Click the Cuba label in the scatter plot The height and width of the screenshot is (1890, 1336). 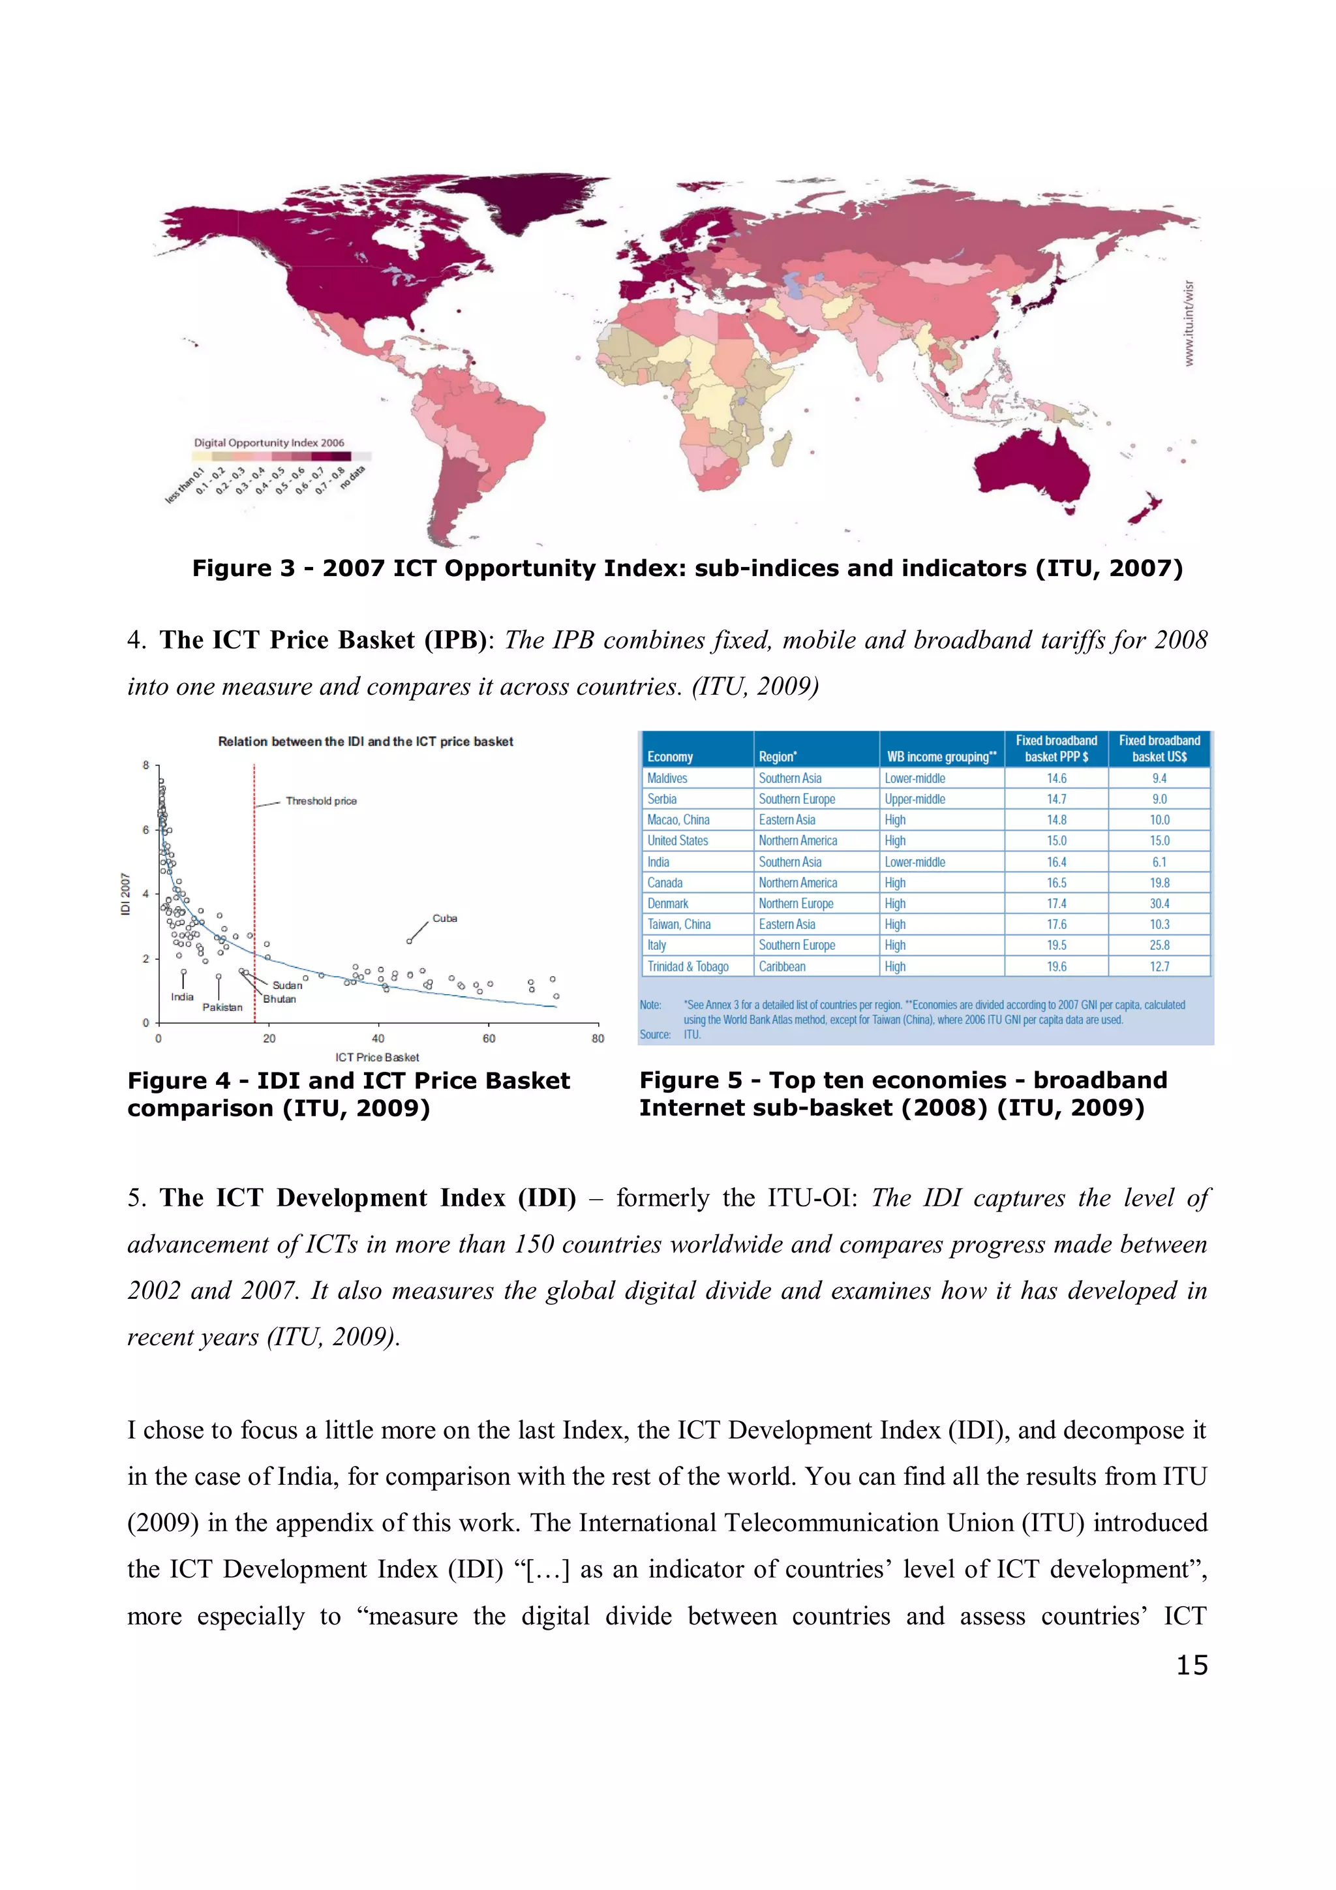click(444, 918)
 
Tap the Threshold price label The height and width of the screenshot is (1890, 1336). click(321, 801)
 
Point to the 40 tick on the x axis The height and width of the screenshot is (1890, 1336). click(378, 1038)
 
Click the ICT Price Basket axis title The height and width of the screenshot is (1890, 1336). click(377, 1057)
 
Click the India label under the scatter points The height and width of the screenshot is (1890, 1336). click(182, 997)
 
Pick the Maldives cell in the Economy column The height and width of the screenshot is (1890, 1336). click(667, 778)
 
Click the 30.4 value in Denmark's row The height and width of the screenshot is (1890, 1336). click(1159, 904)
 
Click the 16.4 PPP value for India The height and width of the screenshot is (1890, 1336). click(1056, 862)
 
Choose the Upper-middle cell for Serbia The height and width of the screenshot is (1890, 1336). click(915, 799)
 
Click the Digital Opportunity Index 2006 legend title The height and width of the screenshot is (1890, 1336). click(269, 443)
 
